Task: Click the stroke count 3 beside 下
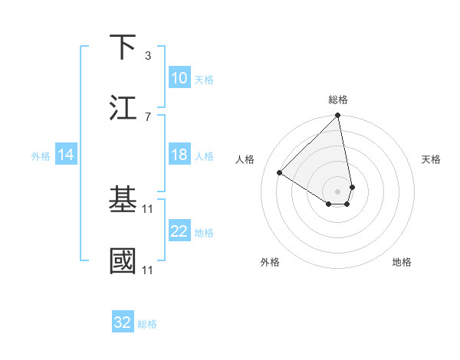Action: pyautogui.click(x=148, y=55)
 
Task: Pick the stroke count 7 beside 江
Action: pyautogui.click(x=148, y=116)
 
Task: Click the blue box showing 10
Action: pyautogui.click(x=179, y=78)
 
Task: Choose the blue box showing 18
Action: pyautogui.click(x=179, y=155)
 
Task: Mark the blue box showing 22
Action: pyautogui.click(x=179, y=231)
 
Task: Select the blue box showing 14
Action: pyautogui.click(x=66, y=155)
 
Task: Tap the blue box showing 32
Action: pyautogui.click(x=123, y=322)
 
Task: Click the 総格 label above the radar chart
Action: pyautogui.click(x=338, y=100)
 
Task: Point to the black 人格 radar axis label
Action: pyautogui.click(x=245, y=159)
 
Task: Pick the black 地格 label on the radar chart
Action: pyautogui.click(x=402, y=262)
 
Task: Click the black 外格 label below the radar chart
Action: pyautogui.click(x=270, y=262)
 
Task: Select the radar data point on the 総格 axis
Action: pyautogui.click(x=337, y=116)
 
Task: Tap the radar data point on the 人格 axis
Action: pyautogui.click(x=280, y=173)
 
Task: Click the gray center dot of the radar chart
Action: pyautogui.click(x=337, y=191)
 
